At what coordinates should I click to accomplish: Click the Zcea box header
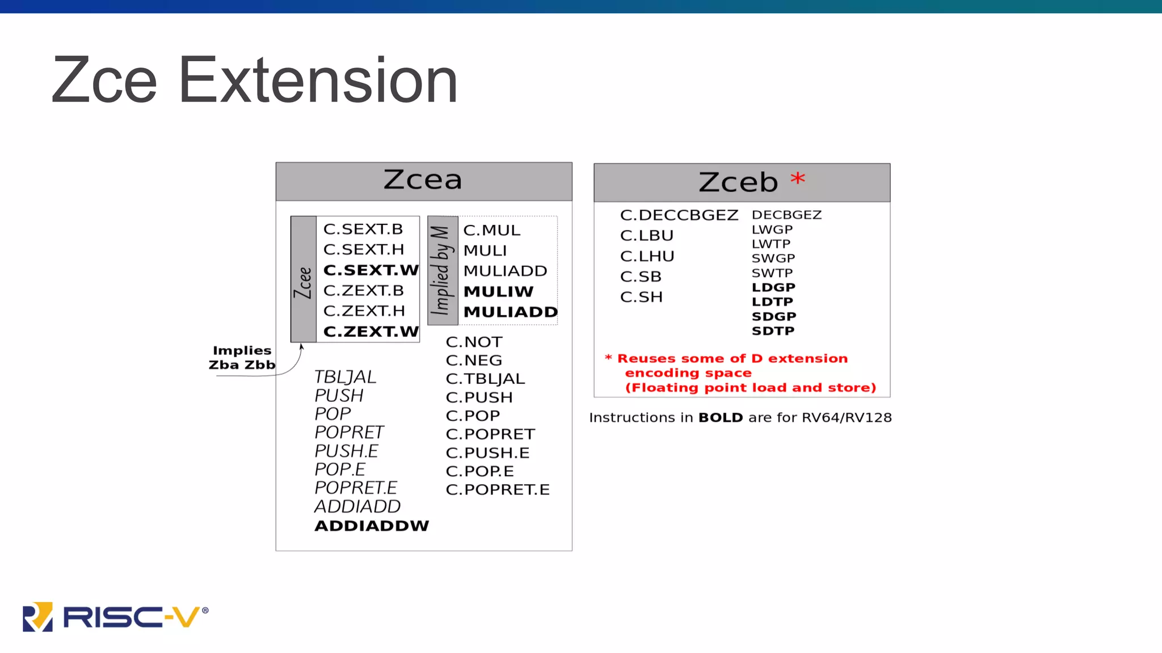(423, 181)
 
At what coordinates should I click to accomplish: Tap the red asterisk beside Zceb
(797, 179)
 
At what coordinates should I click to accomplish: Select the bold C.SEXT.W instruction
(371, 270)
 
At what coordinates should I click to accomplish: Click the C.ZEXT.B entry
(363, 291)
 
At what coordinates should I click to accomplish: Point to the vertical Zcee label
(304, 282)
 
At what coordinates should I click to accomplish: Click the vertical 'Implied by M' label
(442, 270)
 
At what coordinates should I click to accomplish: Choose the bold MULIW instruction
(498, 292)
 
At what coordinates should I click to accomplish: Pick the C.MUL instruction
(491, 231)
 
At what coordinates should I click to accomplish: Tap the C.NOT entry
(474, 342)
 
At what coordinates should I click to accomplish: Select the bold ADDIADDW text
(372, 526)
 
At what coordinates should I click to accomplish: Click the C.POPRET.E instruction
(498, 490)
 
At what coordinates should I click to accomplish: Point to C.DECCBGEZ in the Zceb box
(679, 215)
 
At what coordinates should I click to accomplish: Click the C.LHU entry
(647, 257)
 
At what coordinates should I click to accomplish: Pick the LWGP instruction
(772, 230)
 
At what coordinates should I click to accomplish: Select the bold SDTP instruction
(773, 331)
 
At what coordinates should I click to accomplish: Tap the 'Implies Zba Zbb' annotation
(242, 358)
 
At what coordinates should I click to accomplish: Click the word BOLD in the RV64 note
(720, 418)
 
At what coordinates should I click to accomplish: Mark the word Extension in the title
(318, 80)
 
